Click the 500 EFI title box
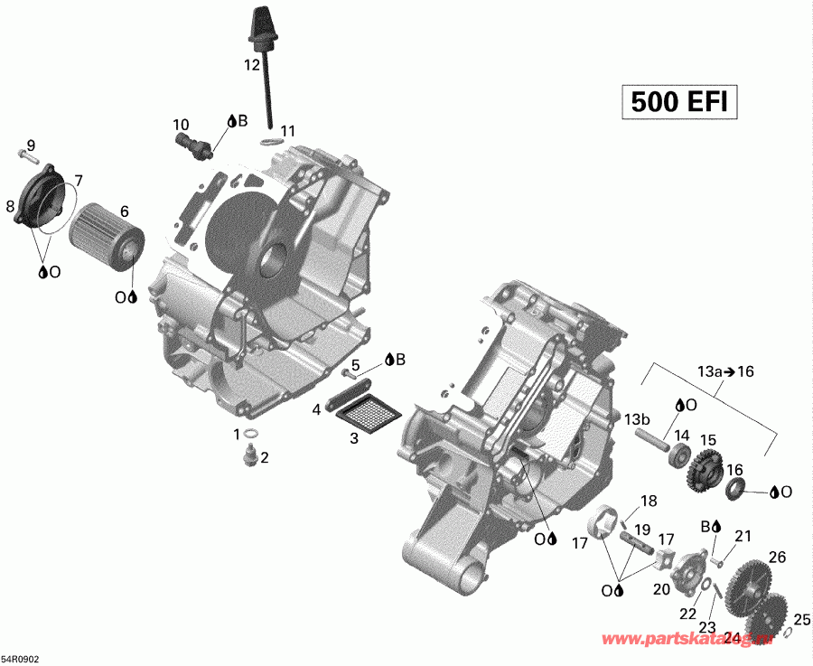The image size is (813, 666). (678, 102)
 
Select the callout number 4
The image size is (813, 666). (316, 409)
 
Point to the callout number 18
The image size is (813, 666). (649, 502)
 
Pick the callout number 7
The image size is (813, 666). (79, 180)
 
